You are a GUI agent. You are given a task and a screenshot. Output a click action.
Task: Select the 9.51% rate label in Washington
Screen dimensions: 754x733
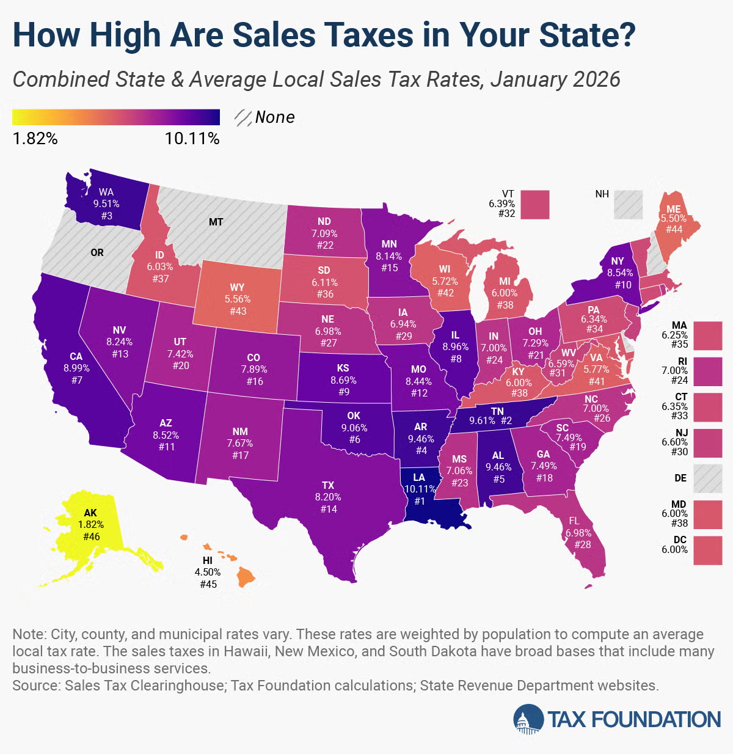(106, 203)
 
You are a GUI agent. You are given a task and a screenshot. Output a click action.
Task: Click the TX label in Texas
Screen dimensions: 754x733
(328, 485)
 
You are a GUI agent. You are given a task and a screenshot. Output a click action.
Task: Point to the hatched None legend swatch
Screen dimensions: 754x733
(244, 117)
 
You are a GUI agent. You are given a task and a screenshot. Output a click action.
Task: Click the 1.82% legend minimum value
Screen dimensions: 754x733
(35, 139)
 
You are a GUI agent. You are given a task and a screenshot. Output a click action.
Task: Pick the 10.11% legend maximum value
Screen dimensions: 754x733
(192, 139)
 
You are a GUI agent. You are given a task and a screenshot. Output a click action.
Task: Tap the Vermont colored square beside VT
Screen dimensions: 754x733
(536, 205)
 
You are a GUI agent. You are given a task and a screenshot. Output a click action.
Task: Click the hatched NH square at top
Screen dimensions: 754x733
(629, 205)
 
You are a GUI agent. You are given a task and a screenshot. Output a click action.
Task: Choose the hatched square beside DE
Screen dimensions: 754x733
(708, 478)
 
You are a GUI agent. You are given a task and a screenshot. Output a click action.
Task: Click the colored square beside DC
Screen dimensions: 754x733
(708, 550)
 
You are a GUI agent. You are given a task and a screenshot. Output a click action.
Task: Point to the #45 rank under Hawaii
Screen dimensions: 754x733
(208, 584)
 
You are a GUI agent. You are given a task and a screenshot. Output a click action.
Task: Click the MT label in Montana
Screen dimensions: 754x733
(216, 222)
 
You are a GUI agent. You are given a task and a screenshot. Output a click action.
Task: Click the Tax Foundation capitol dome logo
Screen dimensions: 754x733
(528, 719)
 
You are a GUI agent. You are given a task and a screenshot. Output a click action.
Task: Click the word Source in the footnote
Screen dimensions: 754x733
(35, 686)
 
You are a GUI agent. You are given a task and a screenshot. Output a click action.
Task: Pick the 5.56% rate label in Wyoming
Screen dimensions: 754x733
(238, 299)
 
